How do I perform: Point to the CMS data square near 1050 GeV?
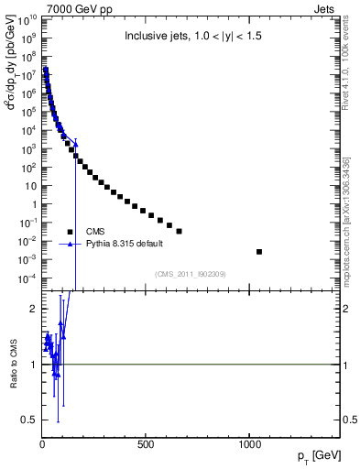pyautogui.click(x=259, y=251)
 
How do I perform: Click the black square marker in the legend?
pyautogui.click(x=70, y=232)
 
